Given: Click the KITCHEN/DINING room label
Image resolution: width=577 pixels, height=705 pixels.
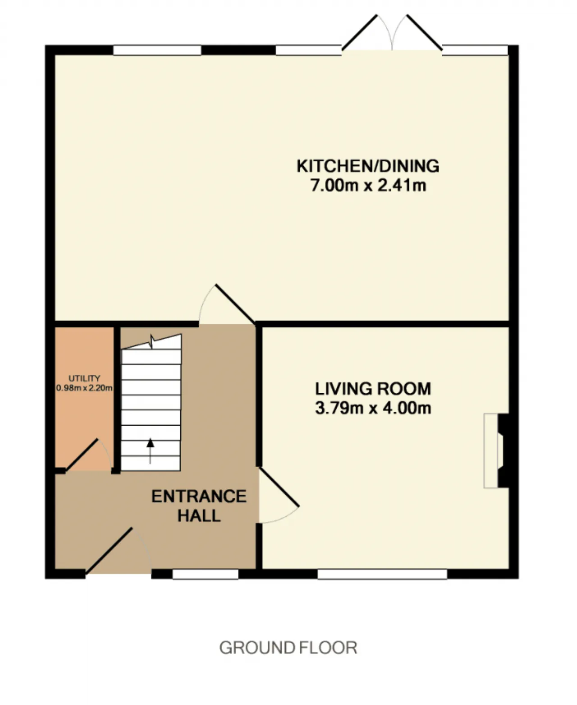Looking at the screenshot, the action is [x=368, y=166].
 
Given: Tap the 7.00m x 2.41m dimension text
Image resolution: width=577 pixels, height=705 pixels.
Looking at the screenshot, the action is [x=368, y=185].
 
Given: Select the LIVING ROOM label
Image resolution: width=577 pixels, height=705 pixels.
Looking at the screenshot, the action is [x=373, y=388].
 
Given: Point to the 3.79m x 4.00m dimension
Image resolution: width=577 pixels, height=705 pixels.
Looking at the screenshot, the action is [x=373, y=408].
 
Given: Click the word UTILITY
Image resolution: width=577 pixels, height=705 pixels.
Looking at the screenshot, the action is [x=84, y=378].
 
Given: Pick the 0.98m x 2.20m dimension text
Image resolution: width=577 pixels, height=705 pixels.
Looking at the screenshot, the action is [x=84, y=388].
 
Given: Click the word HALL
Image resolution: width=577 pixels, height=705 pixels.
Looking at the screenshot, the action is [x=199, y=516].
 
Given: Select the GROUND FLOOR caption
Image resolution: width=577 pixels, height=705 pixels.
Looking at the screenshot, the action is [x=288, y=648].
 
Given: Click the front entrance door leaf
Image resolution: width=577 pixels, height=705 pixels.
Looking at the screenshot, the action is [x=109, y=551].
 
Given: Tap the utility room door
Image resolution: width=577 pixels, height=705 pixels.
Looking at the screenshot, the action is [x=82, y=455].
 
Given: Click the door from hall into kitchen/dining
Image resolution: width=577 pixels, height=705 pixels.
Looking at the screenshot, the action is [x=235, y=304].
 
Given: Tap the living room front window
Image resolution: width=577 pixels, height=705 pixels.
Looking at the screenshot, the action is [x=382, y=574].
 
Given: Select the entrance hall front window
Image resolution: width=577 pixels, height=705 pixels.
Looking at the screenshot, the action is [x=206, y=574].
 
